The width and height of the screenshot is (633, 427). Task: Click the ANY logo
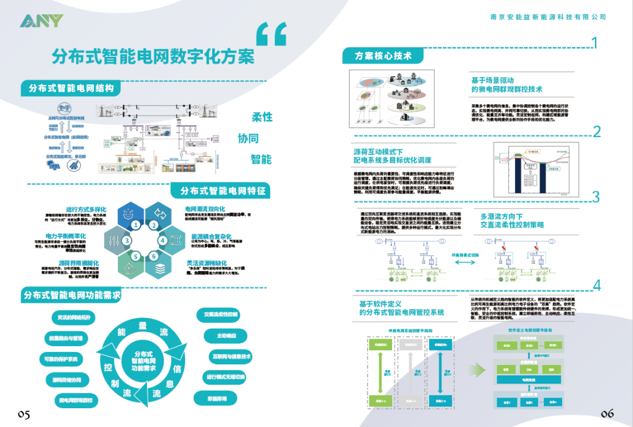tap(41, 21)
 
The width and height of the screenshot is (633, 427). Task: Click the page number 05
tap(23, 414)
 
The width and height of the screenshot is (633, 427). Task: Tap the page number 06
tap(607, 414)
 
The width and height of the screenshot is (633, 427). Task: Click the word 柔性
tap(262, 117)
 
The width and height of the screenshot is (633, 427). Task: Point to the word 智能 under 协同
tap(261, 159)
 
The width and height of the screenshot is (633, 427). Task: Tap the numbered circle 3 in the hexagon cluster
tap(128, 240)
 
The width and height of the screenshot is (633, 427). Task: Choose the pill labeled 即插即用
tap(217, 398)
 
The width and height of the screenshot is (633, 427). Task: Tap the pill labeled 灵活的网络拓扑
tap(74, 317)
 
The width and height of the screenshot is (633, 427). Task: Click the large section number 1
tap(594, 43)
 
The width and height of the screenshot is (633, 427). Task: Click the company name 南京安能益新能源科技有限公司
tap(548, 18)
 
